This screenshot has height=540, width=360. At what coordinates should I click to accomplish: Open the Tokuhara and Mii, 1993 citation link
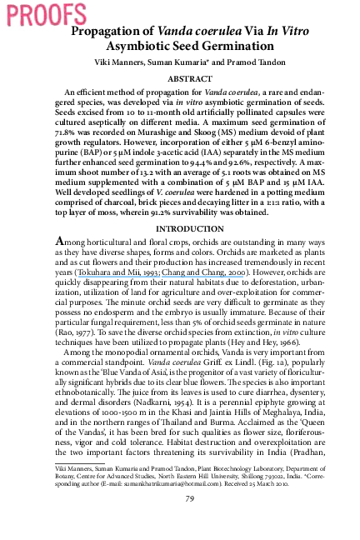[x=117, y=272]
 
